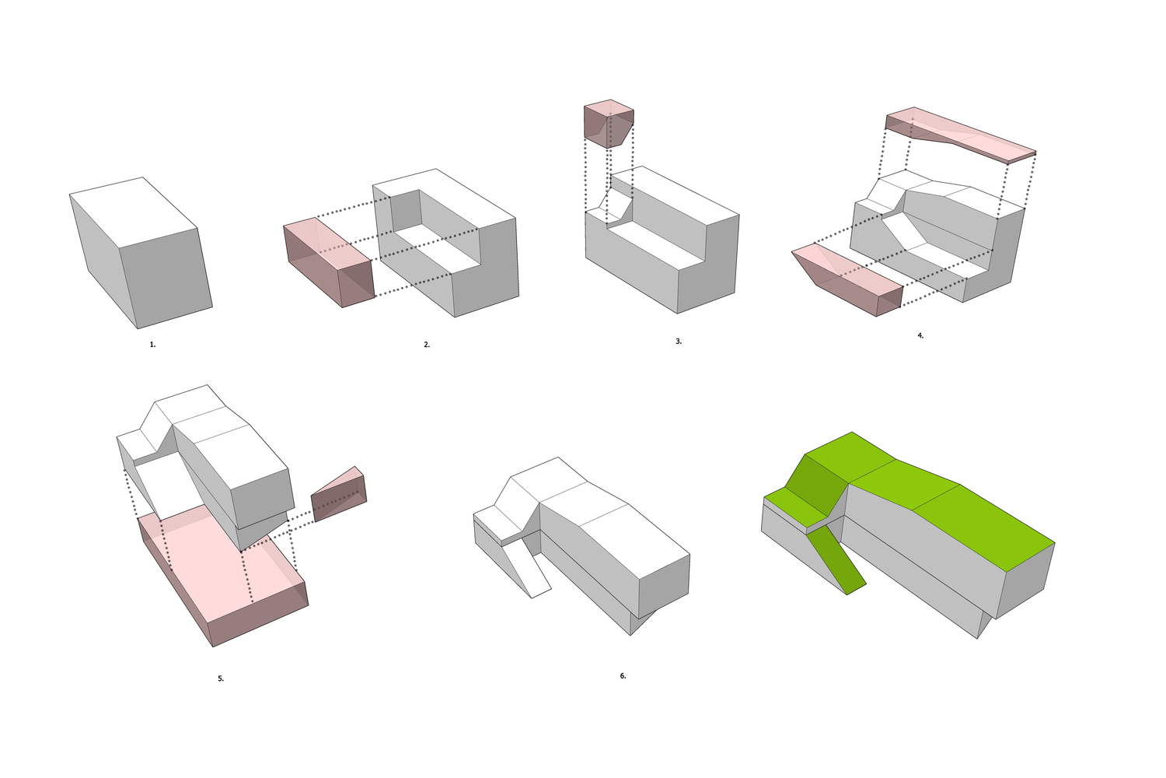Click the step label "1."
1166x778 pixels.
[x=152, y=345]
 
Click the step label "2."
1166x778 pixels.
[x=427, y=345]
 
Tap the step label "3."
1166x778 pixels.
[x=679, y=342]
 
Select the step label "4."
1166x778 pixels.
[x=920, y=335]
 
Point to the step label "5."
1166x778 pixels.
[x=221, y=678]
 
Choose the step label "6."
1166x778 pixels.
[x=623, y=676]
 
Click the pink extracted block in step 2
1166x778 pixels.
[x=330, y=262]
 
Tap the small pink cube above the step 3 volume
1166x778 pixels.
[x=609, y=123]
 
